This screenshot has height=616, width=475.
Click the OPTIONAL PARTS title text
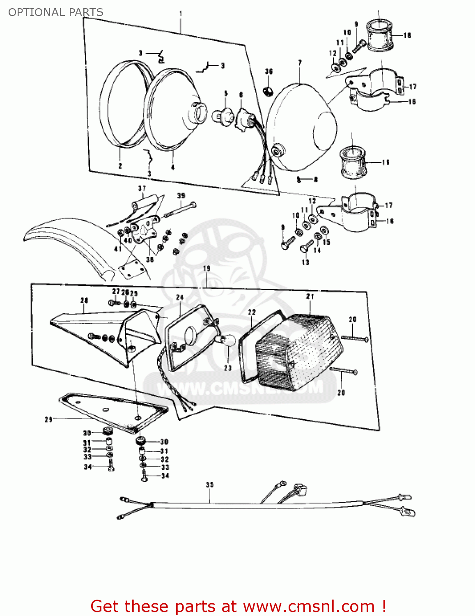[x=56, y=12]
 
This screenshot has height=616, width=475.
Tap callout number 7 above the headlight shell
[x=300, y=63]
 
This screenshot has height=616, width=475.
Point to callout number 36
[x=269, y=71]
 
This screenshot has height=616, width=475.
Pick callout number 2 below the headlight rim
[x=120, y=166]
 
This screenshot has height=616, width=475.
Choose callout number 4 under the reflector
[x=173, y=167]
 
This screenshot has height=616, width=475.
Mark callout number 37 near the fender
[x=142, y=188]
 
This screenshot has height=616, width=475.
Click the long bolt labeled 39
[x=181, y=209]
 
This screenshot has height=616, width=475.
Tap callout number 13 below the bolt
[x=305, y=262]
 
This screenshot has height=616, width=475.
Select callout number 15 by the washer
[x=326, y=242]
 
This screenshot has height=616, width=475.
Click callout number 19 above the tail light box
[x=207, y=268]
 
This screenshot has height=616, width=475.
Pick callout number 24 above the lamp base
[x=180, y=297]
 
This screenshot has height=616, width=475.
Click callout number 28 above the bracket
[x=84, y=300]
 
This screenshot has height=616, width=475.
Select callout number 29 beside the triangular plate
[x=48, y=419]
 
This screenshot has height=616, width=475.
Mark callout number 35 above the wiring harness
[x=210, y=485]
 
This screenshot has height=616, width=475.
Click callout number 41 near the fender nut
[x=118, y=249]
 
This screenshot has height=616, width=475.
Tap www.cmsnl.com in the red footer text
[x=309, y=606]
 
